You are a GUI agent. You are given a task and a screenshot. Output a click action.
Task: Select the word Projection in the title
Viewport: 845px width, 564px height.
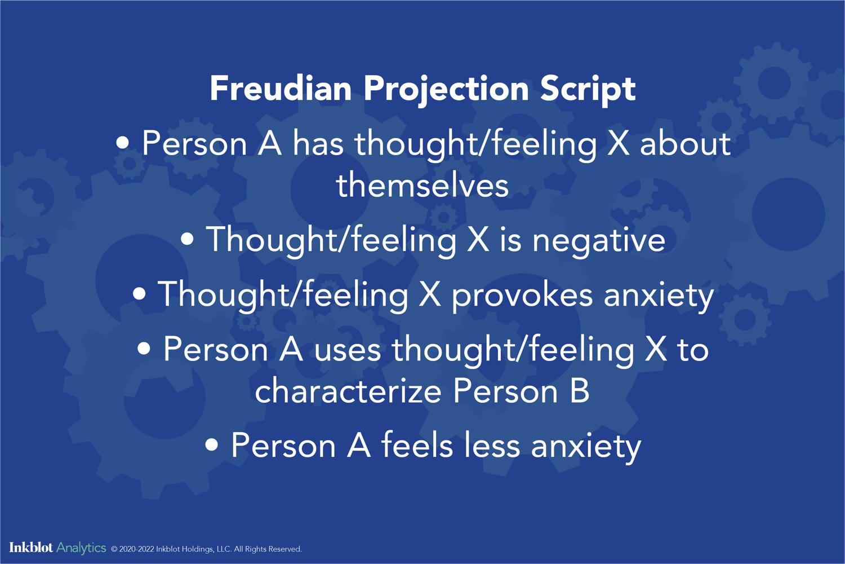[446, 89]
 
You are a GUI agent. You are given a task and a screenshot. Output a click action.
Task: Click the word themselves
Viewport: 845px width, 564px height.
[422, 186]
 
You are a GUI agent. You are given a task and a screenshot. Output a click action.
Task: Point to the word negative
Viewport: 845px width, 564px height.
[598, 240]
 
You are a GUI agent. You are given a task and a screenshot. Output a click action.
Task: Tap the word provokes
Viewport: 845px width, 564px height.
[522, 295]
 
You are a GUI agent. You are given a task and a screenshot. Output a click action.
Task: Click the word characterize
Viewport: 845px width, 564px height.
[348, 391]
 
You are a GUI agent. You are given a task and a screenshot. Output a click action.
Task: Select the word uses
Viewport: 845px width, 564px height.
[347, 350]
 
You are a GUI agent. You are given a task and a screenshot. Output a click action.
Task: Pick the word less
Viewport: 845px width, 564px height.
[492, 446]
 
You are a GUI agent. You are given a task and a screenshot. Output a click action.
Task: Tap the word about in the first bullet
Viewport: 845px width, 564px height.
[685, 143]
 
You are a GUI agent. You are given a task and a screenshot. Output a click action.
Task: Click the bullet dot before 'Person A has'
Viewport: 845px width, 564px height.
[122, 143]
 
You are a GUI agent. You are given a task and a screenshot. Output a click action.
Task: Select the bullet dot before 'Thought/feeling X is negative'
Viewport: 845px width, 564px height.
[187, 240]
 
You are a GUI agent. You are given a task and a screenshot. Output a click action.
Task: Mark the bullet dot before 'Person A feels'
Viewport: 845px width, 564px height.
[211, 446]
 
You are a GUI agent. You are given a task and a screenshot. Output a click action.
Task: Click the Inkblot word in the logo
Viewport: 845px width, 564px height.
[31, 548]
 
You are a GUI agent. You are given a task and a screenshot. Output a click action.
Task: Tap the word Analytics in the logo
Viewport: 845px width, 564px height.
[81, 548]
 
